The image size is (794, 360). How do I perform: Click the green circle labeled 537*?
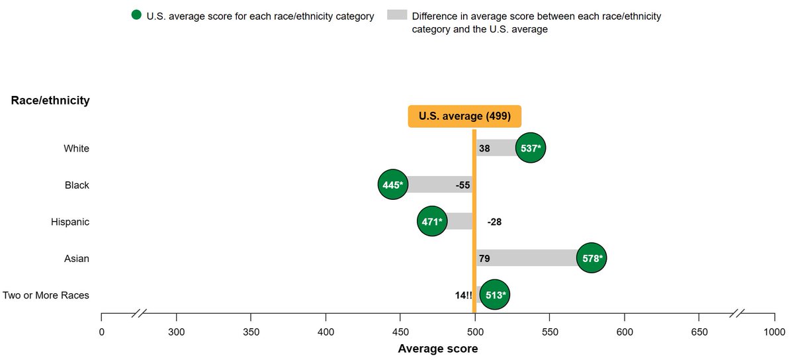coord(531,149)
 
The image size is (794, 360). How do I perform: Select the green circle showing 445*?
coord(393,185)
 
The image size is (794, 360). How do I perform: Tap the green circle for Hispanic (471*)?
coord(432,222)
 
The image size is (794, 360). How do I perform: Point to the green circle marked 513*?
coord(494,295)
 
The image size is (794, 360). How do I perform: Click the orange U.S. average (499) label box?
coord(464,116)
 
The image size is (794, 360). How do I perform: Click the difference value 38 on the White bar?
coord(484,149)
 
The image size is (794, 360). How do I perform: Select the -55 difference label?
coord(463,185)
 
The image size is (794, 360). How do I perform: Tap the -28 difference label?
coord(494,222)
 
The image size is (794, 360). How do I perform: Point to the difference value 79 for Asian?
coord(484,258)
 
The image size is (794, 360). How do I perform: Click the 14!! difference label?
coord(463,295)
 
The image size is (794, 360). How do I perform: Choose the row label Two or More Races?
coord(46,295)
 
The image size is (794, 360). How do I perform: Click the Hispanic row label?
coord(70,222)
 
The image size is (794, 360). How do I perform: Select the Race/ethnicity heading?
coord(50,101)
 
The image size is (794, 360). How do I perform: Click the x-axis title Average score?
coord(437,348)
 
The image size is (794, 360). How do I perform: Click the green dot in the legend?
coord(136,15)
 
